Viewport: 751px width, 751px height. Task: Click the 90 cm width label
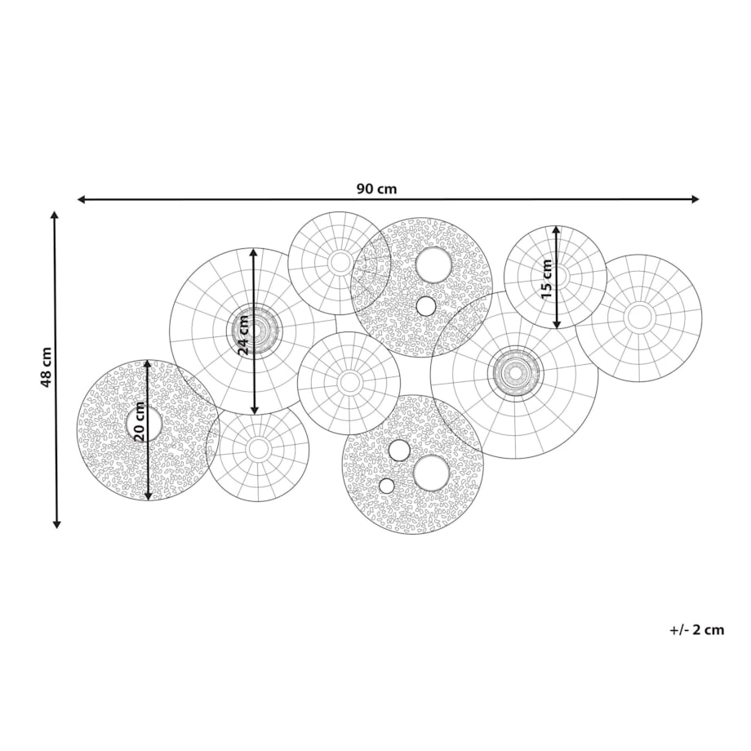376,189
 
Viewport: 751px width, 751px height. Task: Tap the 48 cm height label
46,367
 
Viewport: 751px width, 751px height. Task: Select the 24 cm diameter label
244,335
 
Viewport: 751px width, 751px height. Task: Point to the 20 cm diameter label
139,421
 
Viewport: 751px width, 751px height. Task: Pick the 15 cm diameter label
546,278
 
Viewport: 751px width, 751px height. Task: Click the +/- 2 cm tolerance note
697,629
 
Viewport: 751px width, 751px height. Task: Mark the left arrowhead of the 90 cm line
82,199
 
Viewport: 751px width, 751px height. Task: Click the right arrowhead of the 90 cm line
695,199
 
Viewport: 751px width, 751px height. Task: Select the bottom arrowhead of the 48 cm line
56,524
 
